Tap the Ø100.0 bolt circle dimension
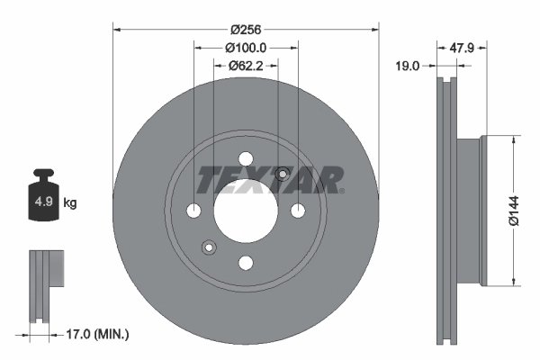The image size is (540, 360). pos(246,47)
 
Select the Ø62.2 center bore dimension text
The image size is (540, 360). pos(246,65)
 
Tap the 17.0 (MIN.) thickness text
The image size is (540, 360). pos(98,334)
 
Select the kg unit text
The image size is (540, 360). pos(70,203)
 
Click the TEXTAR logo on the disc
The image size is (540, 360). pos(270,179)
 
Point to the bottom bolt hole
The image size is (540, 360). pos(246,262)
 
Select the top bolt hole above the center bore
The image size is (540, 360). pos(246,160)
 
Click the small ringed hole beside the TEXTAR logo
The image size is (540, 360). pos(283,174)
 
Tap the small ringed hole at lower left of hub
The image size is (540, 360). pos(210,247)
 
